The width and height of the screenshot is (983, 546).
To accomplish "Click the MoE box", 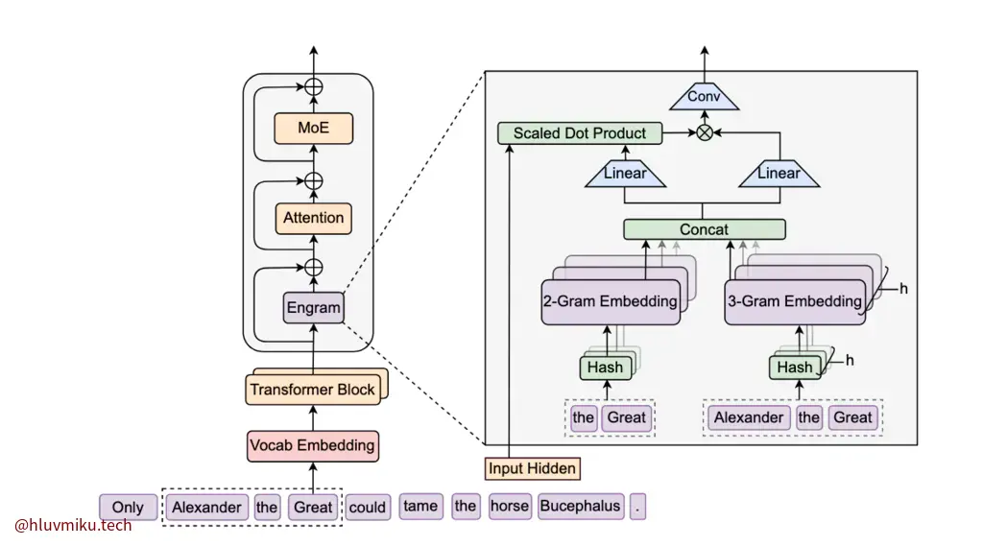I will coord(313,128).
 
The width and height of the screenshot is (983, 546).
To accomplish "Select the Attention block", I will coord(313,218).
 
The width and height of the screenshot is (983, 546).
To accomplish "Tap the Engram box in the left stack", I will coord(313,308).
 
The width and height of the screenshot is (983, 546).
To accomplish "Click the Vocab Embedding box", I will coord(312,445).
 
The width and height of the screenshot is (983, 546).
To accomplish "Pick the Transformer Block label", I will coord(312,390).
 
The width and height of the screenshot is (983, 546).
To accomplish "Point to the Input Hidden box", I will coord(533,468).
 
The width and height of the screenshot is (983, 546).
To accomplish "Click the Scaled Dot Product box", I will coord(579,133).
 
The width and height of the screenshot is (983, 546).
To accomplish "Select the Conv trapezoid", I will coord(704,97).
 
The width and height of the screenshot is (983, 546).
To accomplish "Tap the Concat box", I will coord(704,229).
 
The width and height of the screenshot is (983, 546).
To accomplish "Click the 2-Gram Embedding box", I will coord(610,301).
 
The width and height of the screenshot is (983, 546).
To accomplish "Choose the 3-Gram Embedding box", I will coord(794,301).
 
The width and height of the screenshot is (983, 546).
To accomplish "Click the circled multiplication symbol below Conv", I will coord(705,133).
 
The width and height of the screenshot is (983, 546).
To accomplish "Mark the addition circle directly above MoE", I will coord(313,86).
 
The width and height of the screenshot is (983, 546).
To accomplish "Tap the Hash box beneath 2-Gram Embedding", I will coord(605,368).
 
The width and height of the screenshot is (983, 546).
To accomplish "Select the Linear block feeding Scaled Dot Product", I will coord(625,174).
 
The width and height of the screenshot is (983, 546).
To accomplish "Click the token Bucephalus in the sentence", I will coord(581,506).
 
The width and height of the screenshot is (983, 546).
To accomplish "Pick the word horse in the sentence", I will coord(510,506).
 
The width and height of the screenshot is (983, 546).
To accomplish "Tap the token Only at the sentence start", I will coord(128,508).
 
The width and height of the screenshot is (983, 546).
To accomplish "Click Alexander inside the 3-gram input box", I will coord(748,417).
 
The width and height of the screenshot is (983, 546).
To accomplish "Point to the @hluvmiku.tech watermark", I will coord(73,525).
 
